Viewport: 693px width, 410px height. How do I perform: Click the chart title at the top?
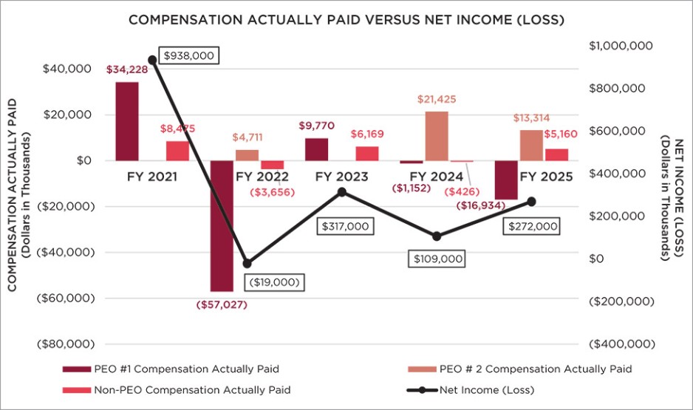346,20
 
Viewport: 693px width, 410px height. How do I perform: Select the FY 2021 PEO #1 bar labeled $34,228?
127,121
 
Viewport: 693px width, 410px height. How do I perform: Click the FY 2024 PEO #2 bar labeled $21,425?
437,136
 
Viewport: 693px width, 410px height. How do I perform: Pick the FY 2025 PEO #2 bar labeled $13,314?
531,145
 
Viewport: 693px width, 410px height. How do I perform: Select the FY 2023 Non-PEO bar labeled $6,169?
366,153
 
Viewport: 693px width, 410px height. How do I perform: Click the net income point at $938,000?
152,60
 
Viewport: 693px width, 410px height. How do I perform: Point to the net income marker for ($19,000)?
247,263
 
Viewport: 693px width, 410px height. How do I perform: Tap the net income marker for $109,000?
437,236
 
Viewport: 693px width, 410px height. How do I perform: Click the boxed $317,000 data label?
344,227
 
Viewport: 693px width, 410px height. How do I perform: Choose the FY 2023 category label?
342,177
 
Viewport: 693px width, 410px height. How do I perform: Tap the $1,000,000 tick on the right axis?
621,46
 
